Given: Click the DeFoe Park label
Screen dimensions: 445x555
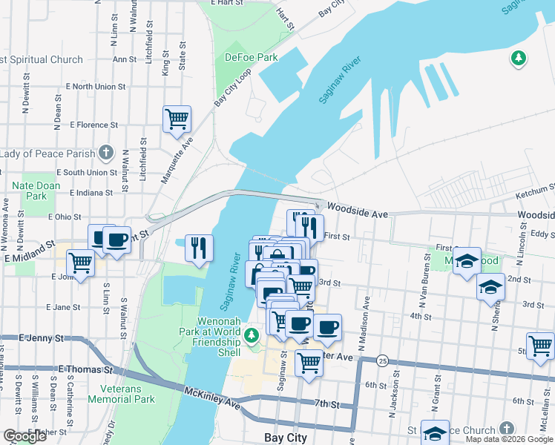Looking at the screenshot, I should (x=251, y=57).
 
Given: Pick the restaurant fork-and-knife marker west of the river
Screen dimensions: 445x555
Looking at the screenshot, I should (x=198, y=248).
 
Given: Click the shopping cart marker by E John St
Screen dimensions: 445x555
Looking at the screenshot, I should (x=80, y=263).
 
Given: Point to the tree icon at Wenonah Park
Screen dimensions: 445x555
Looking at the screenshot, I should (x=252, y=336).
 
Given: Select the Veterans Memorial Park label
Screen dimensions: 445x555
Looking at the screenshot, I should (x=122, y=392).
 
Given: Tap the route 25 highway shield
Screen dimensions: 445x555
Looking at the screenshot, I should (x=382, y=360).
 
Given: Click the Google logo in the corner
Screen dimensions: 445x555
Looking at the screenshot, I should (x=24, y=436).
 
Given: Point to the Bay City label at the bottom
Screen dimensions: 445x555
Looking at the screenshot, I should (x=286, y=438).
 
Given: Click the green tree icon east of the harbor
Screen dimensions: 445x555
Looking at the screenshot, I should (x=518, y=57).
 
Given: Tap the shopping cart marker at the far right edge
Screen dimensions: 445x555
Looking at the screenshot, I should (x=541, y=345).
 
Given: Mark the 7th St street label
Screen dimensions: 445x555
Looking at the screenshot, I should (x=326, y=405).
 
